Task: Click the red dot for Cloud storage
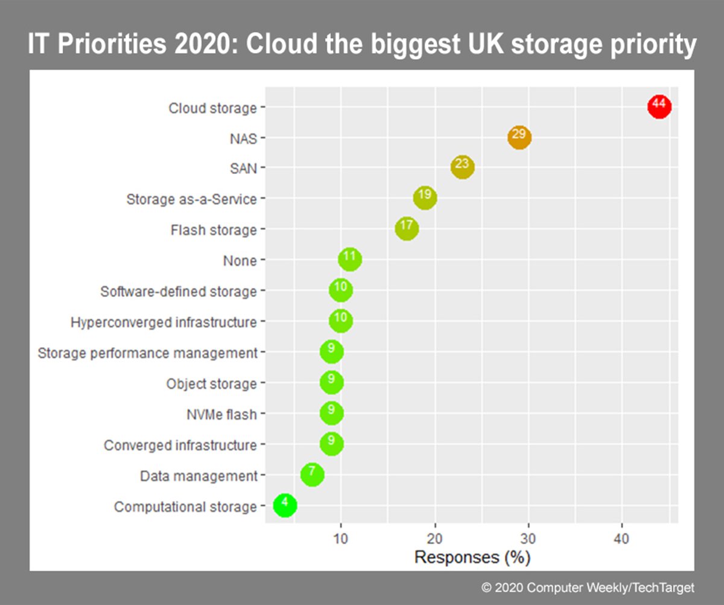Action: click(659, 107)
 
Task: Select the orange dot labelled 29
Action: click(519, 138)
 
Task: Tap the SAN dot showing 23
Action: click(463, 167)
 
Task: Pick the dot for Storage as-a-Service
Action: click(425, 198)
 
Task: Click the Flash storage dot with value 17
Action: click(407, 229)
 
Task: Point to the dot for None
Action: click(349, 260)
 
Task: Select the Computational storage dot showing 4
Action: click(285, 505)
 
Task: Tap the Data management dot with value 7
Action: click(312, 475)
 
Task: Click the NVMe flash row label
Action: click(221, 414)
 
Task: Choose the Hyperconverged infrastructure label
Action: click(164, 322)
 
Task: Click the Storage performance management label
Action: click(147, 353)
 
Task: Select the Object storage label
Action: click(211, 383)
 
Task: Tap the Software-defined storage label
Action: click(179, 292)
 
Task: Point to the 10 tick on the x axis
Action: click(341, 537)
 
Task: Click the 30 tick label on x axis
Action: click(529, 537)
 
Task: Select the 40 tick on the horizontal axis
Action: click(622, 537)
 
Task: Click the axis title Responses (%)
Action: click(472, 557)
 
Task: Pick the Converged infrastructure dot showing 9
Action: click(331, 444)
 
